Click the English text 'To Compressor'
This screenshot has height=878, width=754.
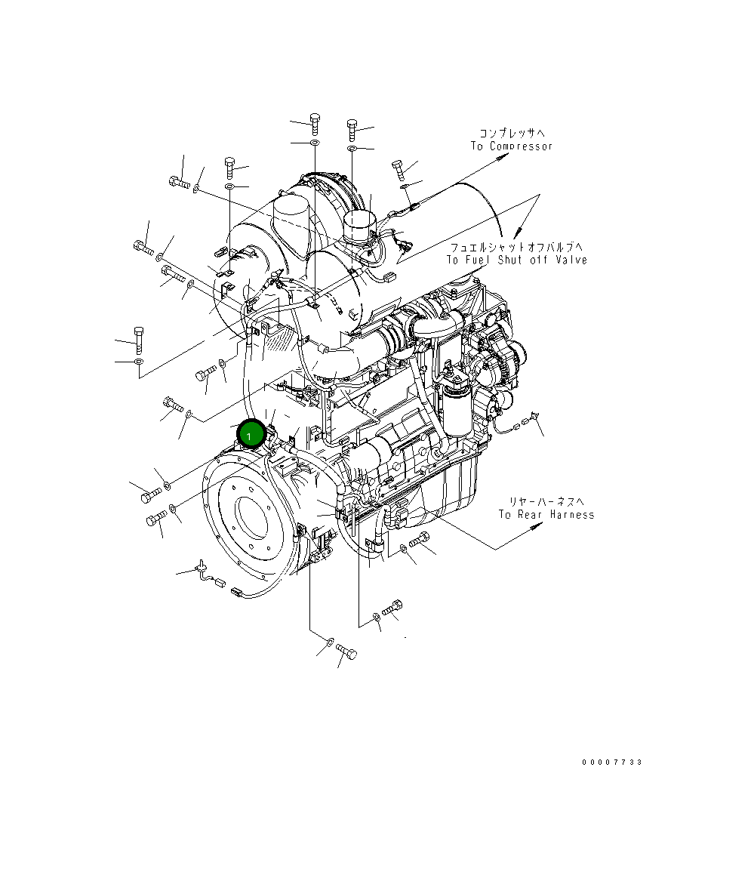512,146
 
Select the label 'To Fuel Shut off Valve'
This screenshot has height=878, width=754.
516,260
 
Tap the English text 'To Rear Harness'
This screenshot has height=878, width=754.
546,515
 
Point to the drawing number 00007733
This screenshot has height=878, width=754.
611,762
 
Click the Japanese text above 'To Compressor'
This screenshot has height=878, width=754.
512,133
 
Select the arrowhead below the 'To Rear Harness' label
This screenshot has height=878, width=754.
537,528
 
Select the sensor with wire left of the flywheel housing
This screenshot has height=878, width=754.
204,570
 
